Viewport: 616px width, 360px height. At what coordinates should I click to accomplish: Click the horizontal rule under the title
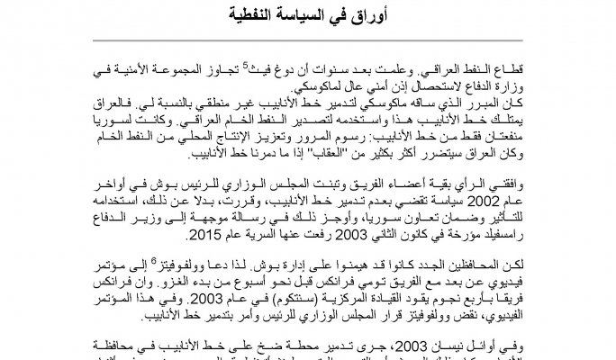tap(308, 31)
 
